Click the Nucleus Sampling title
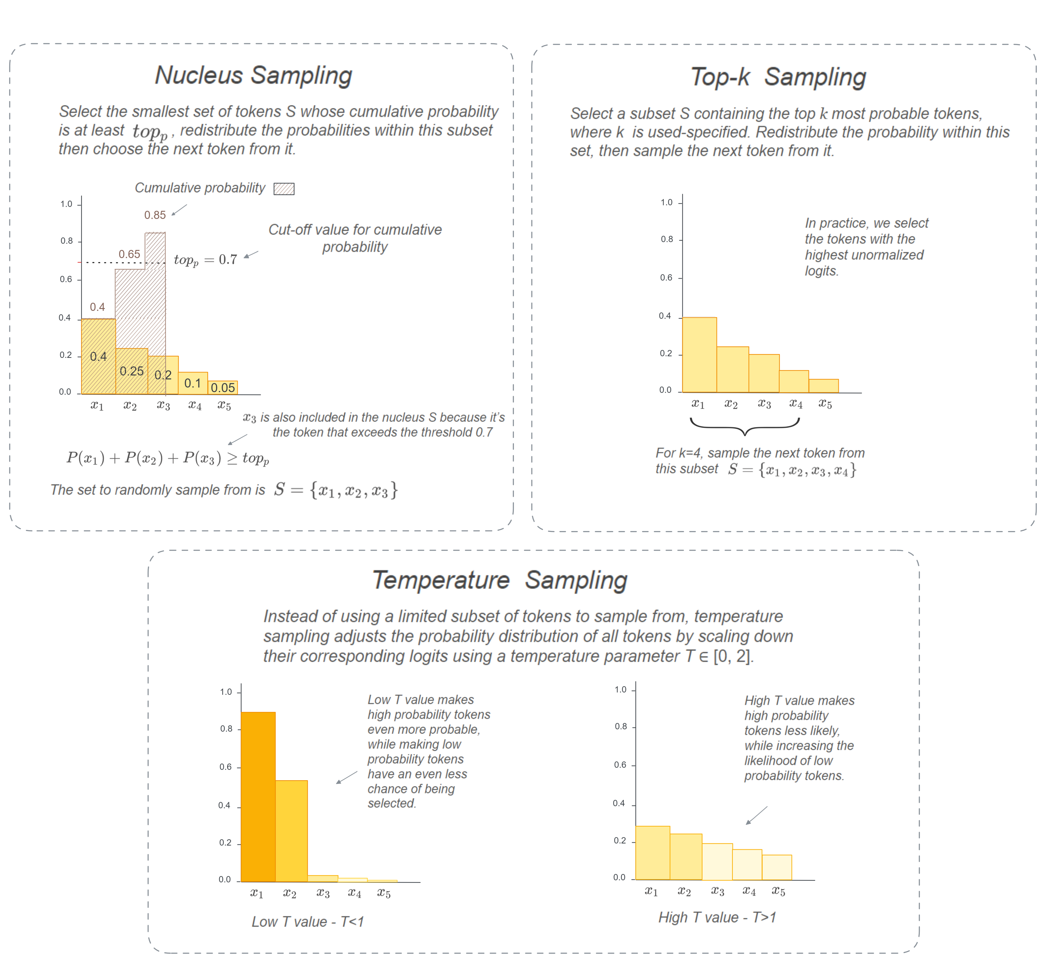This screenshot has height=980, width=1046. click(x=253, y=75)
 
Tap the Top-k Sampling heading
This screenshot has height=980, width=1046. click(x=778, y=77)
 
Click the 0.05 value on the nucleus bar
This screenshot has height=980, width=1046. click(x=222, y=388)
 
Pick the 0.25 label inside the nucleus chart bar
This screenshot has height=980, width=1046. click(x=131, y=371)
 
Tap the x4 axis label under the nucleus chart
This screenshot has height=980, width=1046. click(x=195, y=405)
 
